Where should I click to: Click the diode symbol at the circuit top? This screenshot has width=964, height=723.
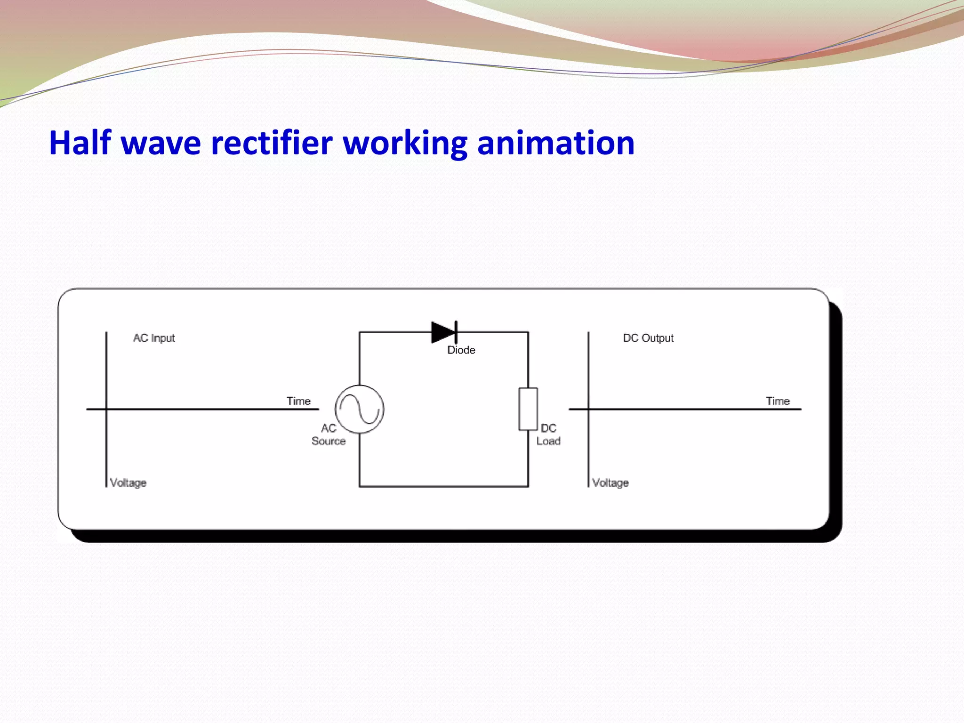[444, 332]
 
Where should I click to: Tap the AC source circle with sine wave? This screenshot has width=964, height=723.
[360, 409]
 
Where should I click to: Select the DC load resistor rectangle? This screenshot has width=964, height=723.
[528, 409]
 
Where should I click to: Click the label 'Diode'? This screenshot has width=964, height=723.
[461, 350]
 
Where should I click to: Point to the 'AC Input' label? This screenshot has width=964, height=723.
[154, 338]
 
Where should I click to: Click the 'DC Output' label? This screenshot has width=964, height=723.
[648, 338]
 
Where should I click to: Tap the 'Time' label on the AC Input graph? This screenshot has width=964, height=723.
[299, 401]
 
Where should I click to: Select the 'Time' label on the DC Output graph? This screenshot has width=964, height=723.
[778, 401]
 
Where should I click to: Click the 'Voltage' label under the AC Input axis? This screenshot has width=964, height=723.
[128, 483]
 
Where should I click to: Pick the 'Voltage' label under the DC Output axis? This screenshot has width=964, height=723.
[610, 483]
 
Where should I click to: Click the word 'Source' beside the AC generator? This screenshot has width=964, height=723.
[329, 442]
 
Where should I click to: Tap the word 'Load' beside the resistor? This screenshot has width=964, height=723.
[548, 442]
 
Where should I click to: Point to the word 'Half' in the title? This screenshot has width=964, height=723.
[80, 143]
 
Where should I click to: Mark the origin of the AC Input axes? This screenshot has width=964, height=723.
[106, 409]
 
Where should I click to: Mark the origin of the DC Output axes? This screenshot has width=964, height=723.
[588, 409]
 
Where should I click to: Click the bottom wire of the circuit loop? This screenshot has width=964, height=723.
[444, 486]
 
